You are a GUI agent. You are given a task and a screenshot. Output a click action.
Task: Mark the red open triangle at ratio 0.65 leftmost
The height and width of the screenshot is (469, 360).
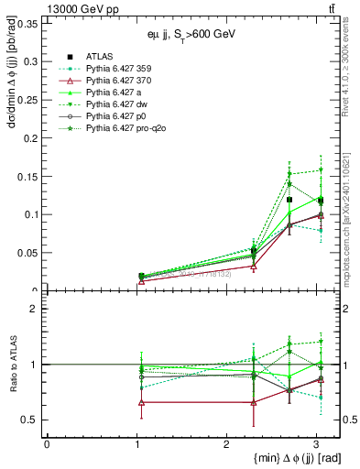coord(140,402)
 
